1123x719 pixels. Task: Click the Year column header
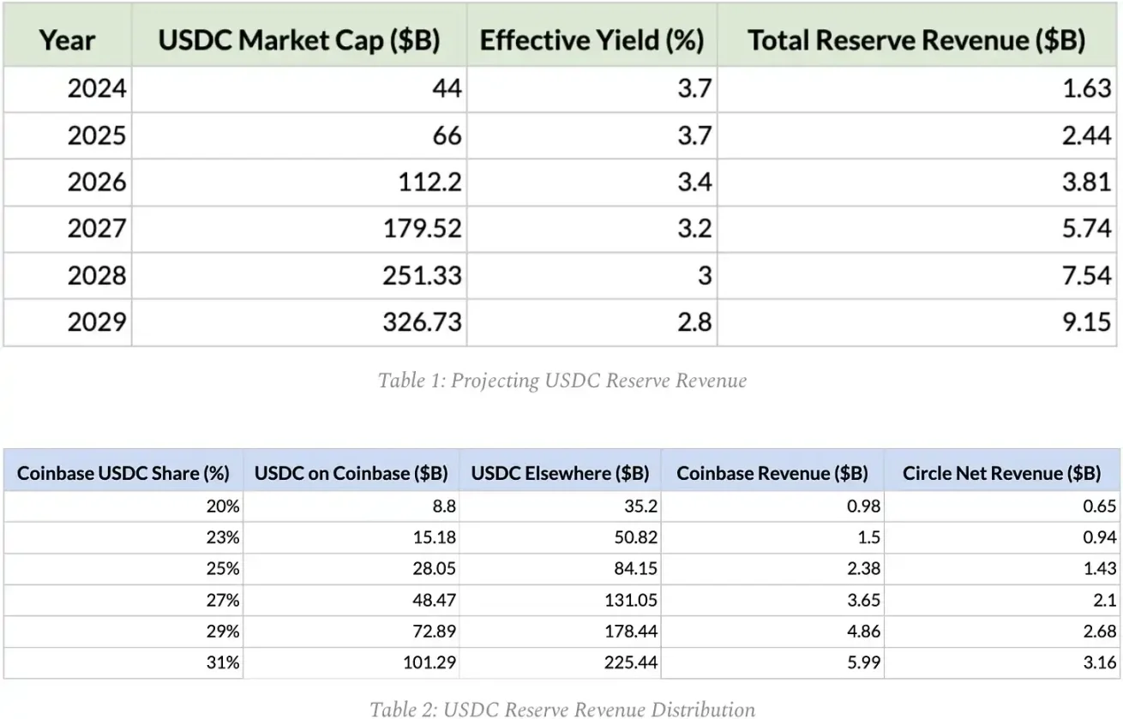[67, 40]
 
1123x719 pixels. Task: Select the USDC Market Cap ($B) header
[298, 40]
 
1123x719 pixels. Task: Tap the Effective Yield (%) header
[592, 40]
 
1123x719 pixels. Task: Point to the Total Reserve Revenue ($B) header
[916, 40]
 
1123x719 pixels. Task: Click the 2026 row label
[97, 182]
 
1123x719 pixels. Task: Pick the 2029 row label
[97, 321]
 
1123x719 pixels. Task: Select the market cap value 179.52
[419, 229]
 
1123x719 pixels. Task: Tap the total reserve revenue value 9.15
[1086, 321]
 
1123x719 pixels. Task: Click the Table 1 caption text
[561, 380]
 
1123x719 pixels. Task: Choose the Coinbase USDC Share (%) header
[123, 473]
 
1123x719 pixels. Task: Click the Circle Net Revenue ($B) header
[1001, 473]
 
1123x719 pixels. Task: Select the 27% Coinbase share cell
[222, 600]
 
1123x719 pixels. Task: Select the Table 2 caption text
[561, 709]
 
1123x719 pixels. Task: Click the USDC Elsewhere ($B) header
[560, 473]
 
